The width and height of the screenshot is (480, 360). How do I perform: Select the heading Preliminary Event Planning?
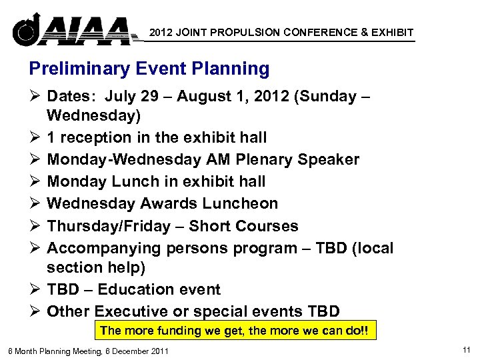149,69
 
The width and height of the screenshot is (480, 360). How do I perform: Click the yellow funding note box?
235,331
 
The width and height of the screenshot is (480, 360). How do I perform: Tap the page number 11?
465,349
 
